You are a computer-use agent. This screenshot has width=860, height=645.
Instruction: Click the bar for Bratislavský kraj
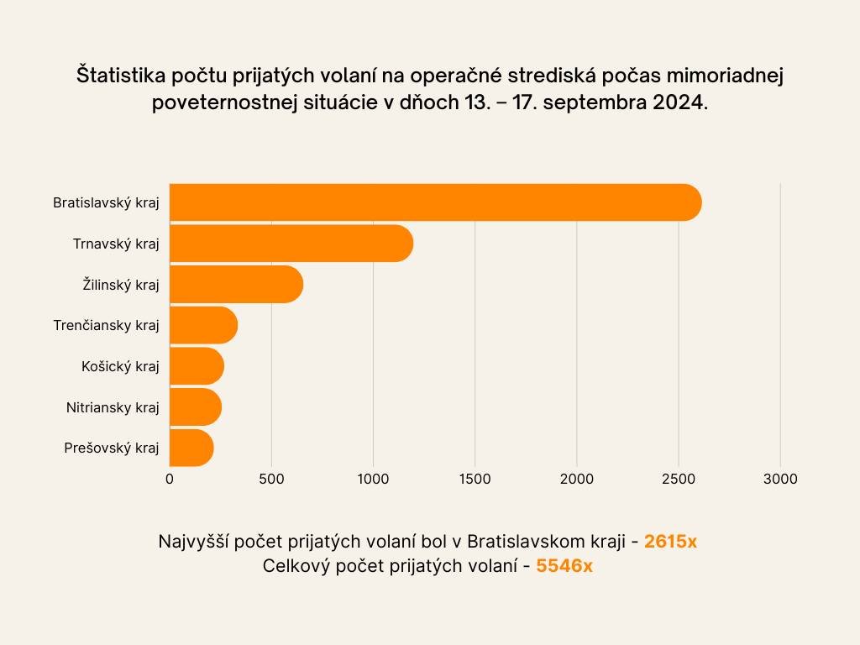[435, 202]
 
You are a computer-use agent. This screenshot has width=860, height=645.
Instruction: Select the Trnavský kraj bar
[291, 244]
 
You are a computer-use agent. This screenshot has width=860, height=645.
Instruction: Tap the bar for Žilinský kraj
[235, 285]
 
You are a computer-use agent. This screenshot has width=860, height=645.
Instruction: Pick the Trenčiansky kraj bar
[203, 325]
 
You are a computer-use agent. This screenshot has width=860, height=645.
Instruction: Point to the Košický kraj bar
[197, 366]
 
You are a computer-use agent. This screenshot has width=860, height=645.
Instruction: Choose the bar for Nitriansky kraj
[195, 407]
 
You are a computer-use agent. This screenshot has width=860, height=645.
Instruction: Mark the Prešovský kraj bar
[191, 448]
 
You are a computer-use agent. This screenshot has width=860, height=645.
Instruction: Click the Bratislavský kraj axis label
[106, 203]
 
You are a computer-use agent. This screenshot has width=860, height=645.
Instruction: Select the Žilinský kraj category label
[121, 285]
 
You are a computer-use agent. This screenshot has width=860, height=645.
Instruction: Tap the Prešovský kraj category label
[112, 448]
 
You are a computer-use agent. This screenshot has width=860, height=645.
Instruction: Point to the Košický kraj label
[120, 366]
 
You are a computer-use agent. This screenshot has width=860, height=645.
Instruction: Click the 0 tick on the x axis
[170, 480]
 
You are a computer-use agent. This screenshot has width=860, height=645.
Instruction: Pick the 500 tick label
[271, 480]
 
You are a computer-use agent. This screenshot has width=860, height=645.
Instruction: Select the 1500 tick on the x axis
[475, 480]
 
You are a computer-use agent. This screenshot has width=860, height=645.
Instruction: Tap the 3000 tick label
[780, 480]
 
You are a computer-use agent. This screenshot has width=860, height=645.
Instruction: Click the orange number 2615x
[670, 542]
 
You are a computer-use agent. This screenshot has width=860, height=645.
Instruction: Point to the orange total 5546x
[564, 566]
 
